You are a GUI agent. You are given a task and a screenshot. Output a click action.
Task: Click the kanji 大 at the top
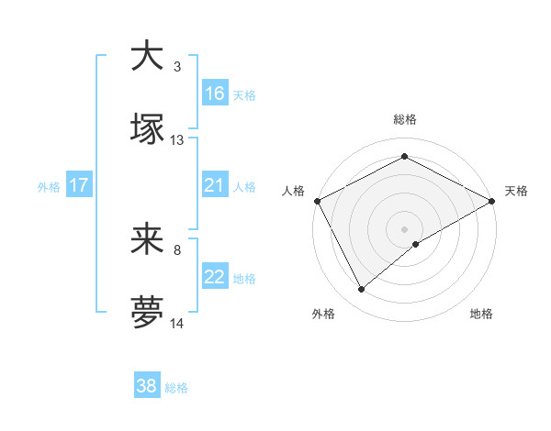click(x=146, y=55)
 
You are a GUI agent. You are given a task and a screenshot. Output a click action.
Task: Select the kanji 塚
click(x=146, y=128)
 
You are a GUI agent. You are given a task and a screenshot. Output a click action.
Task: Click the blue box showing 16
click(x=215, y=93)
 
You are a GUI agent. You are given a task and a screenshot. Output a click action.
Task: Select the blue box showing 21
click(x=215, y=185)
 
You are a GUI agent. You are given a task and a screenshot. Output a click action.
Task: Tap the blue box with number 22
click(x=215, y=278)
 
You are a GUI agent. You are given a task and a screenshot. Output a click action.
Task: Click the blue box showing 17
click(x=79, y=185)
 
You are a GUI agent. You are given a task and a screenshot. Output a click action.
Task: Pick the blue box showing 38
click(x=147, y=386)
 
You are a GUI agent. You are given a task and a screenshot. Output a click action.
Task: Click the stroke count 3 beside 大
click(x=177, y=66)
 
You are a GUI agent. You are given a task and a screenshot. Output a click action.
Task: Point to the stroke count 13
click(x=177, y=140)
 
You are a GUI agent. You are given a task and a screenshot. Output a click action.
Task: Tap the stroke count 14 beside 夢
click(x=177, y=325)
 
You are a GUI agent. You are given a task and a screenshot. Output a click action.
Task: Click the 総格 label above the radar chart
click(x=405, y=119)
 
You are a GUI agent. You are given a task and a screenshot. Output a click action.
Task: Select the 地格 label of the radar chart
click(x=481, y=314)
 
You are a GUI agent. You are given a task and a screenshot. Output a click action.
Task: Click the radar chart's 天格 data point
click(x=492, y=201)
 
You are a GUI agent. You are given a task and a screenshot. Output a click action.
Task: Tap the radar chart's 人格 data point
click(x=317, y=201)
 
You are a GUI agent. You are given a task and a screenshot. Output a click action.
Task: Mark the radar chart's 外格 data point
click(x=362, y=289)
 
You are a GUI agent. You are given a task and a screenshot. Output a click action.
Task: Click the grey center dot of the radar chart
click(x=405, y=228)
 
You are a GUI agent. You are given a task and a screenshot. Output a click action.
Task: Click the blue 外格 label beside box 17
click(x=49, y=186)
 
